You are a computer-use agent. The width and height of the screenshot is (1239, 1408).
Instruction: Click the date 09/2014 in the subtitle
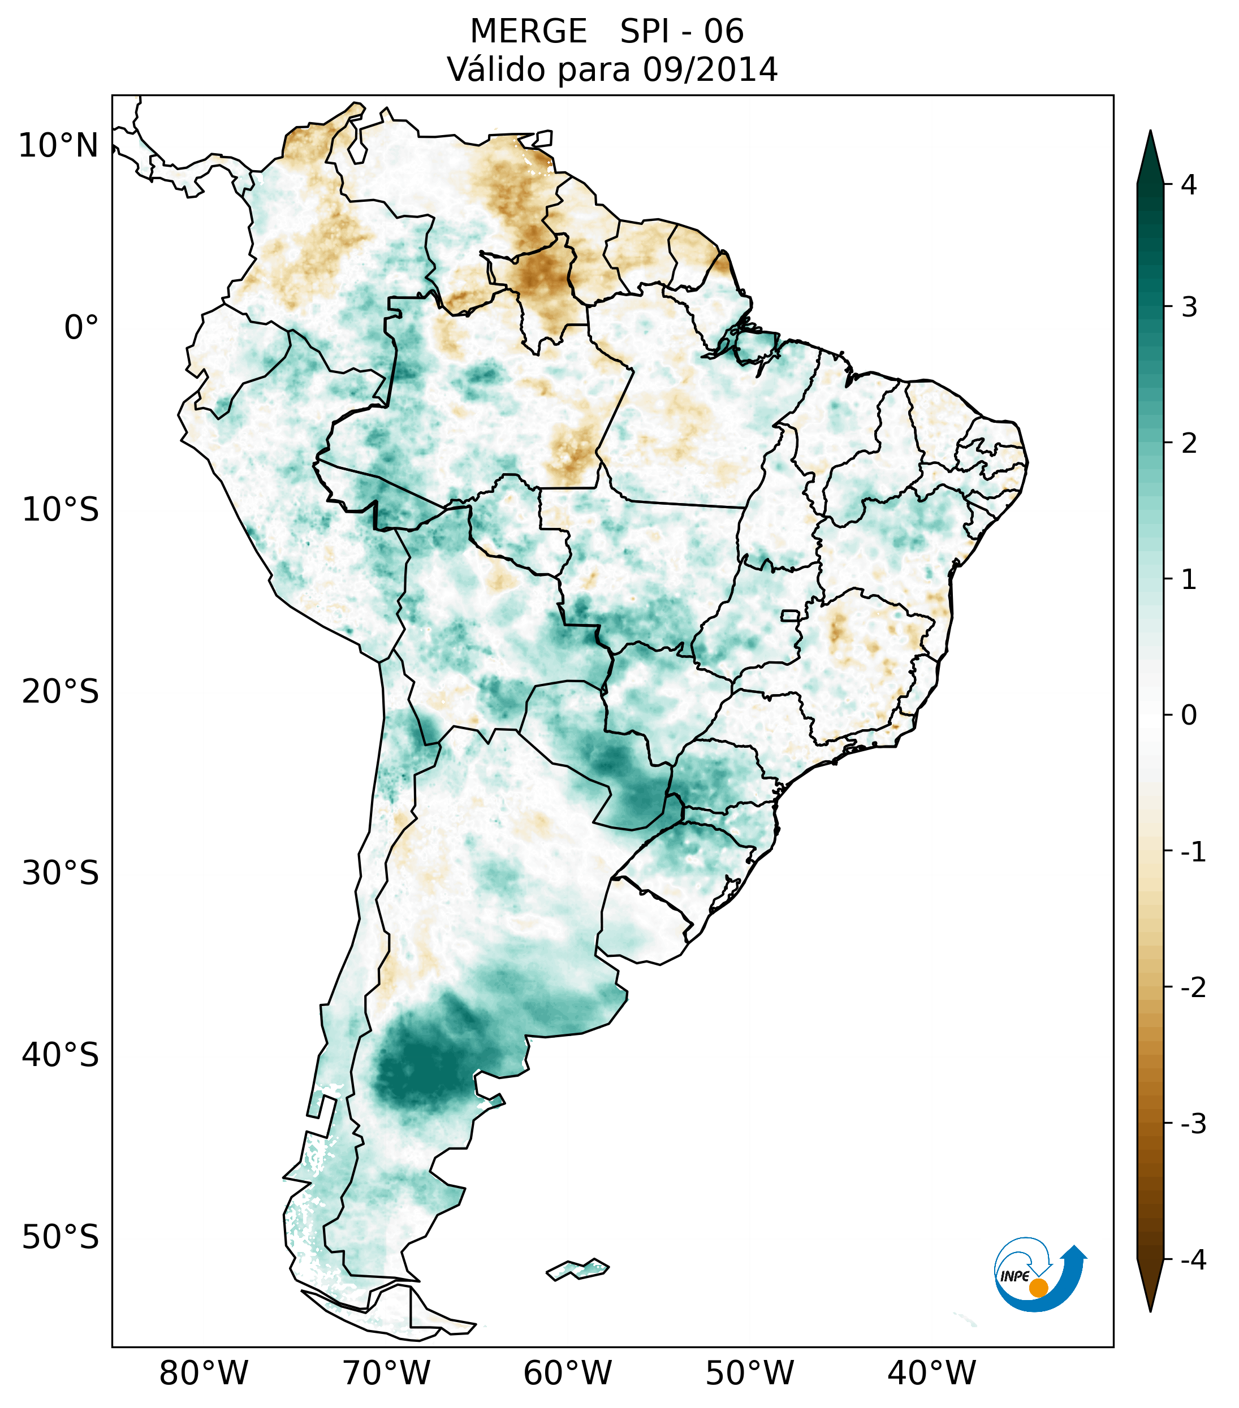click(x=710, y=70)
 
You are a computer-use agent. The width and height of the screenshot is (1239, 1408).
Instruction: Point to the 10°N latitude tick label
click(x=59, y=146)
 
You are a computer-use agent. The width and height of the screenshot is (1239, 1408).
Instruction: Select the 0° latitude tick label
click(x=81, y=328)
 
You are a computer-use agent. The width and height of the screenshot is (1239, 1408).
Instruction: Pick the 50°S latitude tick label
click(x=61, y=1237)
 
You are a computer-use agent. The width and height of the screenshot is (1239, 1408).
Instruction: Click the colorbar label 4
click(x=1189, y=185)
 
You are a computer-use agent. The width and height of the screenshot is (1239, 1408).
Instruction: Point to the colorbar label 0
click(x=1189, y=716)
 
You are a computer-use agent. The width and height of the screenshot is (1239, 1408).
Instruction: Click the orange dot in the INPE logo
click(x=1038, y=1288)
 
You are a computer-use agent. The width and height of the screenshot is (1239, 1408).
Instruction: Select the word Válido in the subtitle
click(x=496, y=70)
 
